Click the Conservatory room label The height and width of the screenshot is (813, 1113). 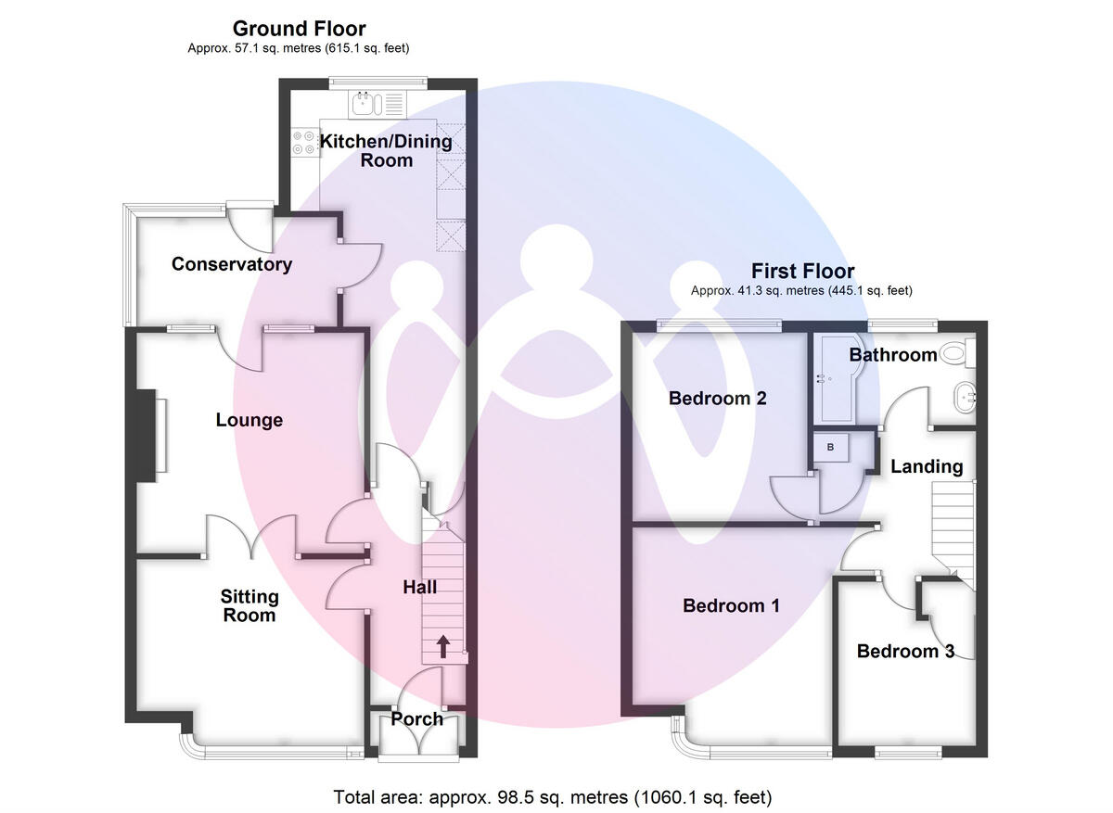point(232,264)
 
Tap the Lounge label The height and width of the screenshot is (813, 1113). point(249,421)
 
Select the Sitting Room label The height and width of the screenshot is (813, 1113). point(249,605)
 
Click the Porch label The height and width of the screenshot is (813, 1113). point(416,718)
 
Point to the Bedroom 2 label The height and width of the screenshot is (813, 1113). point(717,399)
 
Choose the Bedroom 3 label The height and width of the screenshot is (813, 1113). point(904,651)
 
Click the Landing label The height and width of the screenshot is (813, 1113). point(927,466)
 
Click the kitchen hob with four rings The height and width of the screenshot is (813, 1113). point(304,142)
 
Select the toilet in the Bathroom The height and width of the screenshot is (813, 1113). point(954,353)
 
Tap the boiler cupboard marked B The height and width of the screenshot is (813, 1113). point(830,447)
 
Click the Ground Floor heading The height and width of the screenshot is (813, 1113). point(299,29)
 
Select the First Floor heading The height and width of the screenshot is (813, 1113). point(802,272)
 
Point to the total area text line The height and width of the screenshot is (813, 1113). point(553,796)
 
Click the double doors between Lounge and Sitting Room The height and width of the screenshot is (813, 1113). point(250,537)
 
